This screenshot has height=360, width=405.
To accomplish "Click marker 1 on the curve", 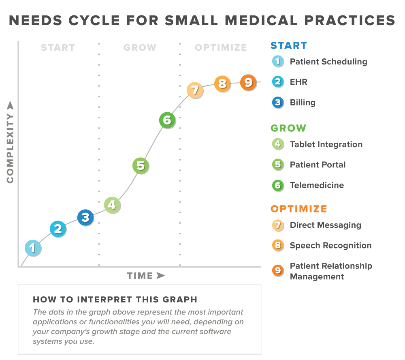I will click(32, 248).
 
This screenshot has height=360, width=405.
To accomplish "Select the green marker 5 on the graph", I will click(141, 165).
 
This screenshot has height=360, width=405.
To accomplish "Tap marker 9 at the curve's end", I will click(248, 83).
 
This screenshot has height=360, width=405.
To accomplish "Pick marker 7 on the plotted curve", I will click(194, 90).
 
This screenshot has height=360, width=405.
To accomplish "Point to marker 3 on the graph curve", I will click(85, 218).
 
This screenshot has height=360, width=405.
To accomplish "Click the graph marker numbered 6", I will click(167, 120).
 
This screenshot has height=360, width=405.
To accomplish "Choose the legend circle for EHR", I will click(278, 82).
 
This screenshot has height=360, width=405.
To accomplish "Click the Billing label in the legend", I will click(303, 103).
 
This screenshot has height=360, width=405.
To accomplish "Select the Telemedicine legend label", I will click(317, 185).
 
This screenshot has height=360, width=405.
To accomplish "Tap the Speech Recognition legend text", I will click(330, 245).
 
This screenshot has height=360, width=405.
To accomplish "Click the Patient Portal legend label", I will click(318, 165).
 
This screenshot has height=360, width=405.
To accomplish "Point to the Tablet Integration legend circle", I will click(278, 144).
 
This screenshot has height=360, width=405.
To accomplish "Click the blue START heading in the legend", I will click(289, 46).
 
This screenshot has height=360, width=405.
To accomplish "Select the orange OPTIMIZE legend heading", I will click(299, 209).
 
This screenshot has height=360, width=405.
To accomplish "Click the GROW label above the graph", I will click(140, 47).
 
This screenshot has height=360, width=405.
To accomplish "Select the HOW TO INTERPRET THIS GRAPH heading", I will click(115, 300).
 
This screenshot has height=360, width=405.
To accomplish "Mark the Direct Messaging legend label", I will click(325, 225).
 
